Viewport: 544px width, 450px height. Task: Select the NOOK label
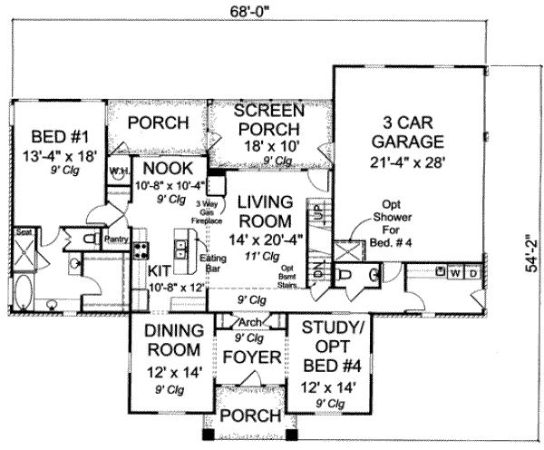pos(162,168)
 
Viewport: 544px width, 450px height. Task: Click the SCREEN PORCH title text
pos(263,123)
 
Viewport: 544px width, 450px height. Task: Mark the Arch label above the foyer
pos(248,322)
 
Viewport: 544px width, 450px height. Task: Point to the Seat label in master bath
pos(23,233)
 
